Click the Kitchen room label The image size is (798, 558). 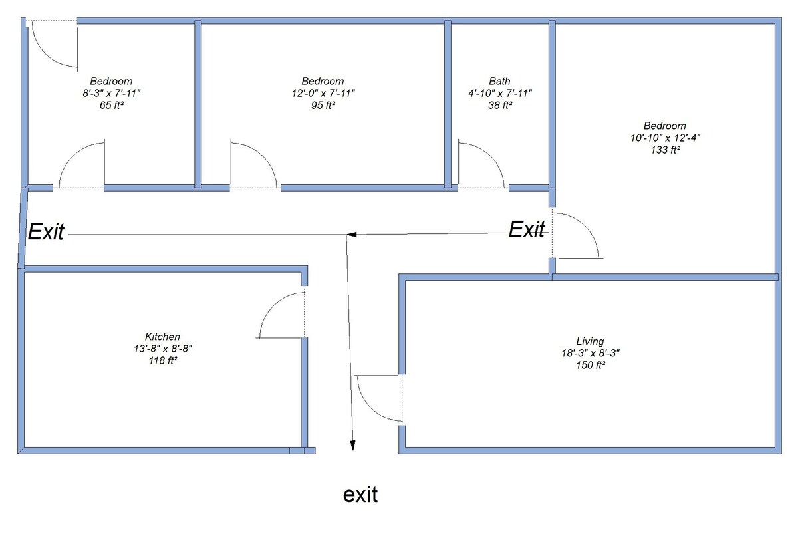click(x=162, y=337)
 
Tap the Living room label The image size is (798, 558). click(x=590, y=341)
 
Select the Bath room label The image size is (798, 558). click(x=499, y=82)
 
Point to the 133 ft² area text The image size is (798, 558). click(x=664, y=150)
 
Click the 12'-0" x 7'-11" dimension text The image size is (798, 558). click(x=323, y=94)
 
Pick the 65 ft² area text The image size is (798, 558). click(x=111, y=105)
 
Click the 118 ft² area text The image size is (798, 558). click(x=162, y=360)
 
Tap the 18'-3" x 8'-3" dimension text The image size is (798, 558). click(x=590, y=353)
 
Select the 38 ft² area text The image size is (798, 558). click(x=499, y=105)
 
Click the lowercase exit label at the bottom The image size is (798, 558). click(x=360, y=495)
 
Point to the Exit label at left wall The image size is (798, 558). click(x=46, y=232)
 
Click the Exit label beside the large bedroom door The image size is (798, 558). click(x=527, y=230)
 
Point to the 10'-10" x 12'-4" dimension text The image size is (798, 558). click(x=664, y=138)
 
